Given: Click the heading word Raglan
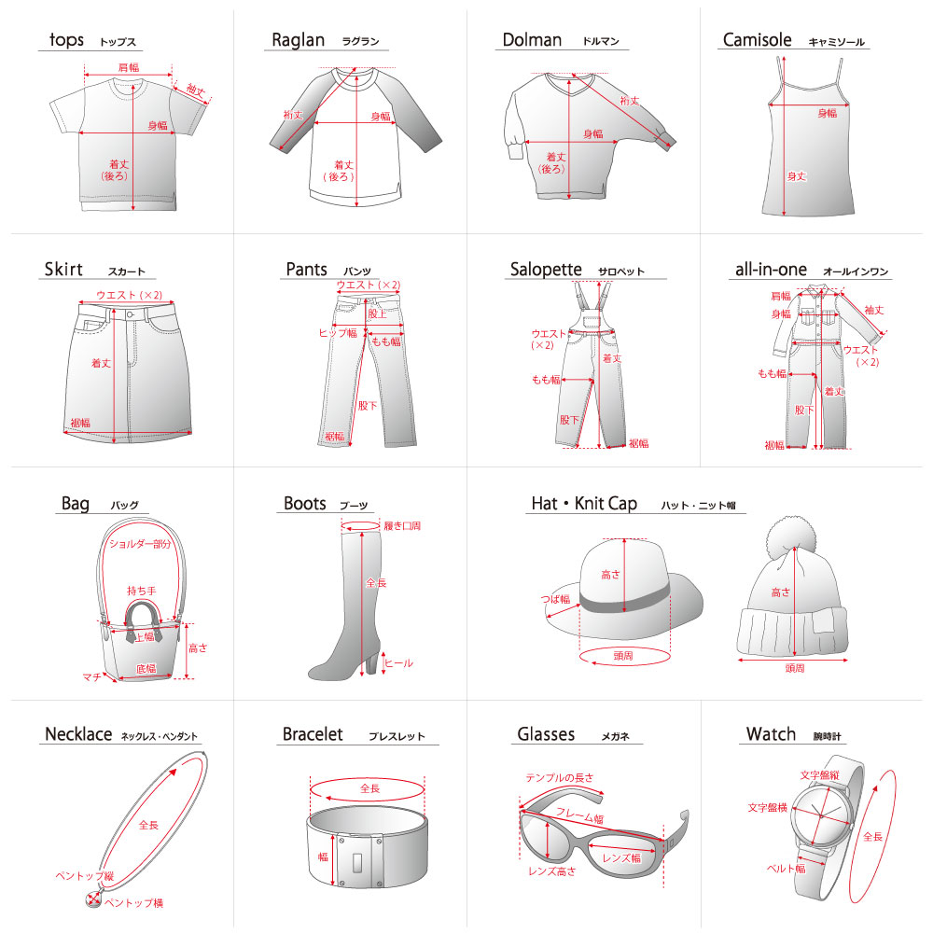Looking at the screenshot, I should [298, 39].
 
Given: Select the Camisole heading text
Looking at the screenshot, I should [757, 40].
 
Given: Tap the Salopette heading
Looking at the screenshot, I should [546, 270].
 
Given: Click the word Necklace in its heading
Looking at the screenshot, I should [78, 735].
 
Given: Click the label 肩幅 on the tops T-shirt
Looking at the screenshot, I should [128, 67].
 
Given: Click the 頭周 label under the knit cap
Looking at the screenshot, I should [795, 669].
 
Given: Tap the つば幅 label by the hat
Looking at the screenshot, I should [555, 599].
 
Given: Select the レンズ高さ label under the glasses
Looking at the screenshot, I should [552, 871].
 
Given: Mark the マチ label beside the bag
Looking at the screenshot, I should [91, 675].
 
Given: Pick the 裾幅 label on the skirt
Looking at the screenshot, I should [81, 422].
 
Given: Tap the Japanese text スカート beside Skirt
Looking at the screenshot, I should [127, 272].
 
